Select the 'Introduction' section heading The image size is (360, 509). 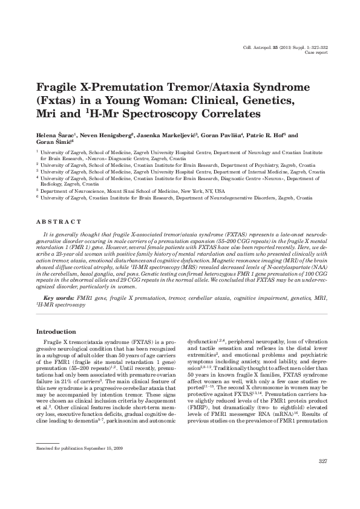56,332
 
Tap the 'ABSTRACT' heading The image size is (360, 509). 59,222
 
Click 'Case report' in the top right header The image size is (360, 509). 316,53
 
